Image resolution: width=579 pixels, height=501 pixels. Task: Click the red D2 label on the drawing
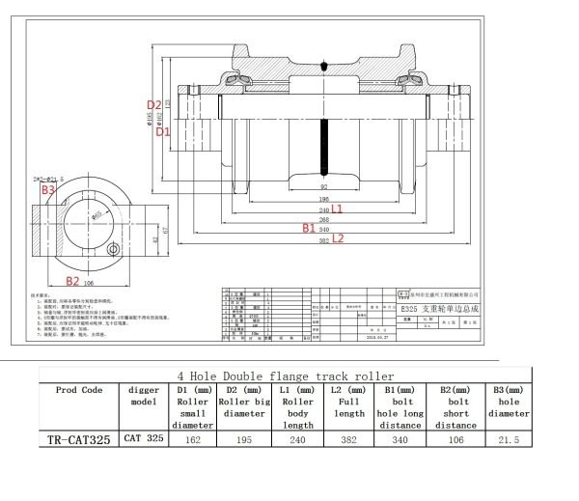[x=153, y=104]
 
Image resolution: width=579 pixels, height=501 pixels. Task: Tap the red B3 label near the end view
[x=47, y=190]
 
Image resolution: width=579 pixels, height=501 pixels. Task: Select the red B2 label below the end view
[x=71, y=282]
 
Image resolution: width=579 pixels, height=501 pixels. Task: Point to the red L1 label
[x=338, y=209]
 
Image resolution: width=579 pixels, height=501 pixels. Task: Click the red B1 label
[x=309, y=228]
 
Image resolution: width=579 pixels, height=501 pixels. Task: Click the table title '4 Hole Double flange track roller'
[x=286, y=376]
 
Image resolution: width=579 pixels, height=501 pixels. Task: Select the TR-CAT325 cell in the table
[x=79, y=439]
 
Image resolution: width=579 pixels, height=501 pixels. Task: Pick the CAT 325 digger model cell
[x=144, y=438]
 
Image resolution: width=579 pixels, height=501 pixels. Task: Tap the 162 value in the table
[x=193, y=438]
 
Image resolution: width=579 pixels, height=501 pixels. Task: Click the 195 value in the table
[x=245, y=438]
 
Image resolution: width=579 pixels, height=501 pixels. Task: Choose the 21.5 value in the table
[x=508, y=438]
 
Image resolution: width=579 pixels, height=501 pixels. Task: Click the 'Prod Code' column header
[x=79, y=389]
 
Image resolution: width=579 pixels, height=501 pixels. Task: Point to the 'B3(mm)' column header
[x=508, y=389]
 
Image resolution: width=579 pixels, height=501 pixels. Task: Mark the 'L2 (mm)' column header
[x=350, y=389]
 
